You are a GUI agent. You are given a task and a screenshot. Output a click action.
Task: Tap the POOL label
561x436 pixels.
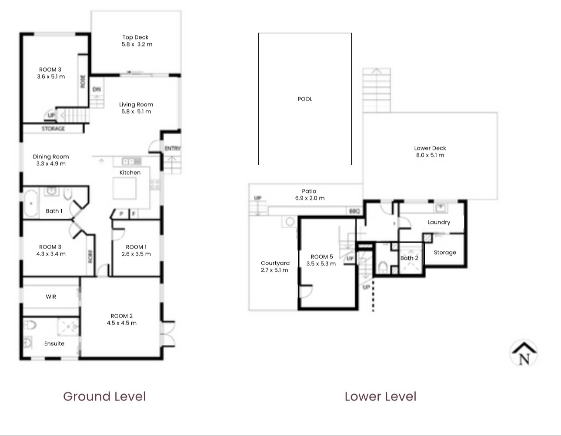click(305, 99)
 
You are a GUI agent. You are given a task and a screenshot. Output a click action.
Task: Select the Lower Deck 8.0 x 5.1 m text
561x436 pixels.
click(430, 152)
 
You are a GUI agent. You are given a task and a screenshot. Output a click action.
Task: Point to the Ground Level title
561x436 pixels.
click(104, 396)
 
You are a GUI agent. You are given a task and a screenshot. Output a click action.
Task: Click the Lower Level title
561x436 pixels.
click(380, 396)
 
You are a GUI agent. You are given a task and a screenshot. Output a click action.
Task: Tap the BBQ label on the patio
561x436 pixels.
click(354, 211)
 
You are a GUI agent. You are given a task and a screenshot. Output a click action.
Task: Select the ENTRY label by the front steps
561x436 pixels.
click(172, 149)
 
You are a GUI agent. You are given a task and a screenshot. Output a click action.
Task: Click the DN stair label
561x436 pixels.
click(97, 90)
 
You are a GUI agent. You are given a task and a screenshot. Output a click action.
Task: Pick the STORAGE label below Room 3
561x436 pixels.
click(53, 129)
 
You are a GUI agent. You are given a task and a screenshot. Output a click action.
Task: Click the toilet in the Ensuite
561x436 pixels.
click(30, 325)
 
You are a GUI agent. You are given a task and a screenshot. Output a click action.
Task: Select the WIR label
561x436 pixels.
click(51, 297)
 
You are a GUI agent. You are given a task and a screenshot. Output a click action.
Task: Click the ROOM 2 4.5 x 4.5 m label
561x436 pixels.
click(121, 320)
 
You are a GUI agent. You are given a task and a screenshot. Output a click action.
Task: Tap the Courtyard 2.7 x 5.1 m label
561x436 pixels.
click(275, 266)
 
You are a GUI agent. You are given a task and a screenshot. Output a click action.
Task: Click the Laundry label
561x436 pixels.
click(438, 222)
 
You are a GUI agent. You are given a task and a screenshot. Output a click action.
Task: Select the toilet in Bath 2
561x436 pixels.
click(383, 266)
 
